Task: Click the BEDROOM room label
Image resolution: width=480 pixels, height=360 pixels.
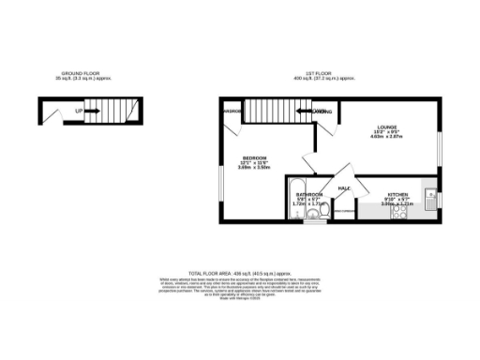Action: pos(254,157)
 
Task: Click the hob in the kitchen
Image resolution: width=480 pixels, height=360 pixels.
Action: pos(399,213)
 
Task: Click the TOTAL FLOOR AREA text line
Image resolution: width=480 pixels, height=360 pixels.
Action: pos(238,270)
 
